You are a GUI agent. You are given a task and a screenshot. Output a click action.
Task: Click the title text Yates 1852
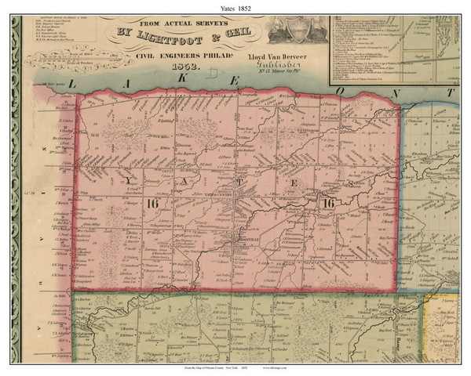235,7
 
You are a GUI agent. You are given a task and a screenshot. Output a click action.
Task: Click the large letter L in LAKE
72,83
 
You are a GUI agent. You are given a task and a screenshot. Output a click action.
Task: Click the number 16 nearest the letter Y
153,204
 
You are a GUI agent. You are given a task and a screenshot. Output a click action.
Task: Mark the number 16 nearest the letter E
327,204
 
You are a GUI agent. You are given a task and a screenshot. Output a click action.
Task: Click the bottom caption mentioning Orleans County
235,368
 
